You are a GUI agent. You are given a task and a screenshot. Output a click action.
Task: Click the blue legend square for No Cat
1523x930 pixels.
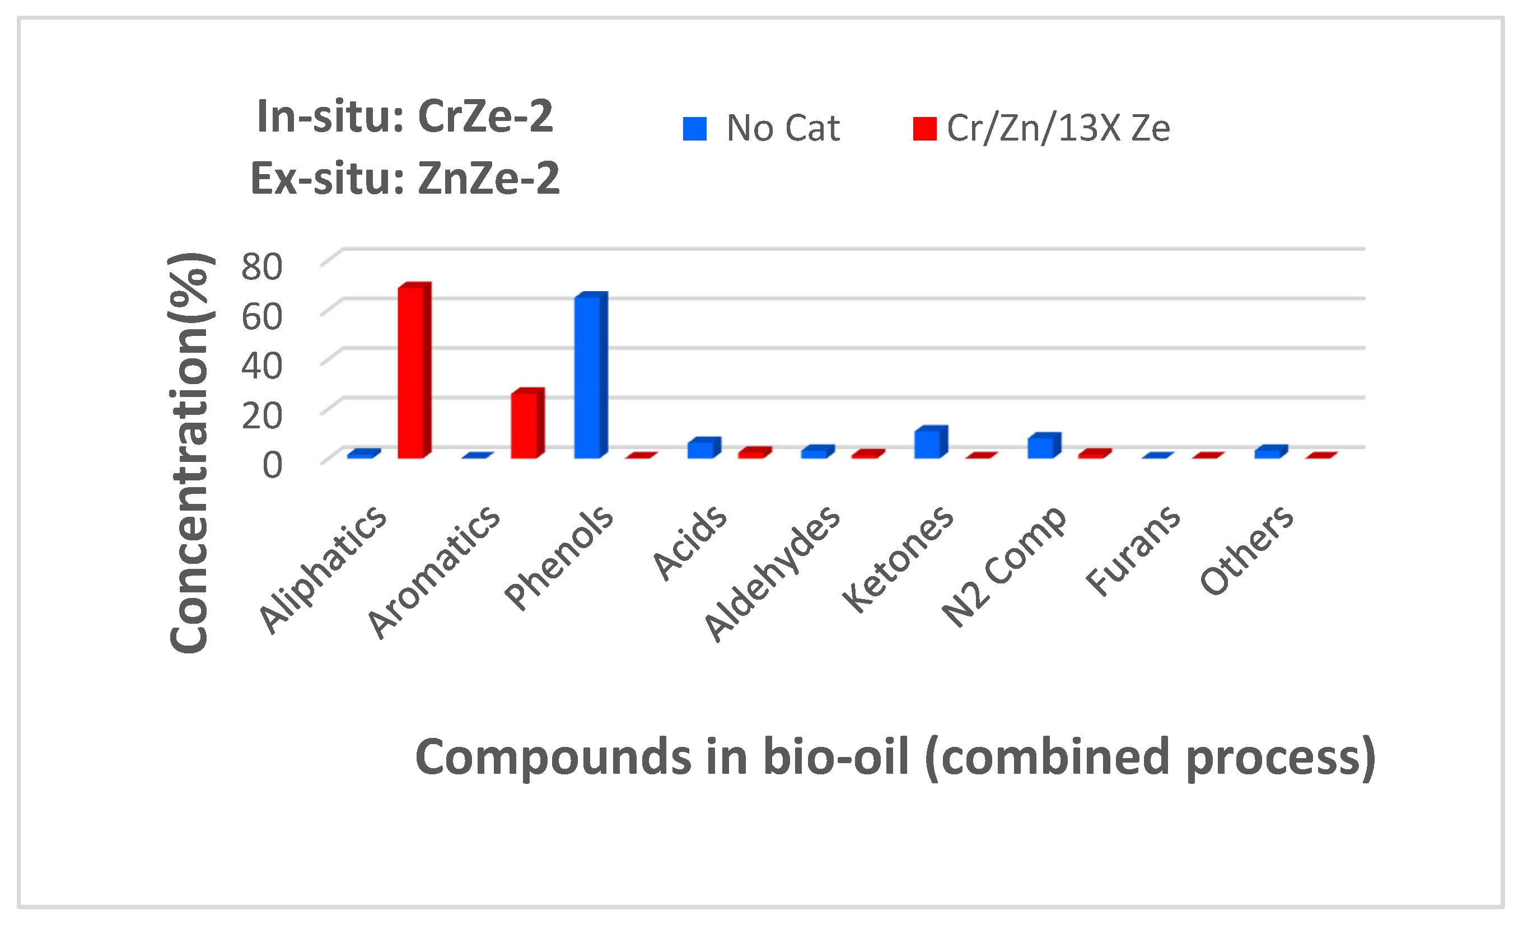point(695,129)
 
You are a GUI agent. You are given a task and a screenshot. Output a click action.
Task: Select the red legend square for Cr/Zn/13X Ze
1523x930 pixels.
point(924,129)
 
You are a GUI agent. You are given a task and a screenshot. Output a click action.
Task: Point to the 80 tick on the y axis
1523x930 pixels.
point(261,267)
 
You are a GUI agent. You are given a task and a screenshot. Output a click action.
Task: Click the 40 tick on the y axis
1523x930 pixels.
point(261,365)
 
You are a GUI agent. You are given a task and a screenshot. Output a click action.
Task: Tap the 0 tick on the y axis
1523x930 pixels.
point(272,465)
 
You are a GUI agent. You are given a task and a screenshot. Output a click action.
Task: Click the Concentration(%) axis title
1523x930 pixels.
point(189,452)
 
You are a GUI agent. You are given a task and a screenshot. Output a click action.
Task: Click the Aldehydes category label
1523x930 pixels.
point(773,573)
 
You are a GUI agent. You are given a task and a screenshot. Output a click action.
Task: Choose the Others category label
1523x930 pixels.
point(1247,550)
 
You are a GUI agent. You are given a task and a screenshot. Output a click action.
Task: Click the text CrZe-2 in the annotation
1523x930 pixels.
point(485,115)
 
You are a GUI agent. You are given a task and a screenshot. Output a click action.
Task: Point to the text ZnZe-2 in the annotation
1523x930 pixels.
point(488,178)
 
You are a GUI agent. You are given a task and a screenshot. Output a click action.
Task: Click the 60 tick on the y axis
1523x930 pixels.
point(261,316)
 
